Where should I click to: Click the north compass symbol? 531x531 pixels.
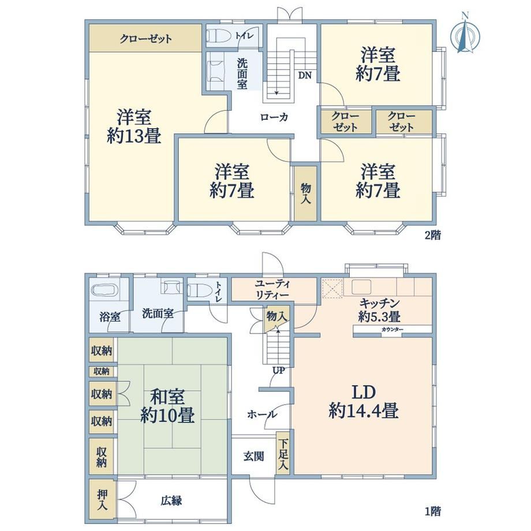tap(465, 33)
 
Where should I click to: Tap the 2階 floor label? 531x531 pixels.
tap(433, 235)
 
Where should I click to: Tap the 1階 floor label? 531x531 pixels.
tap(433, 511)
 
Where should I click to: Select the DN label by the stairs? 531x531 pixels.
tap(305, 75)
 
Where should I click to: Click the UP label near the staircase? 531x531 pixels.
tap(279, 371)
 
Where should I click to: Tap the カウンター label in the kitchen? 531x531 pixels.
tap(392, 330)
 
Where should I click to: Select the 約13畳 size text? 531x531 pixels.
tap(134, 136)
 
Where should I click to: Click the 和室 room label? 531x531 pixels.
tap(167, 397)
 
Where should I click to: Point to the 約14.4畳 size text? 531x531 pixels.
tap(364, 411)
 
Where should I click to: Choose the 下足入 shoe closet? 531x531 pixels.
tap(283, 454)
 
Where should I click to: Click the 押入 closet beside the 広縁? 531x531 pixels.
tap(102, 500)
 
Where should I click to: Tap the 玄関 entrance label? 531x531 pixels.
tap(253, 457)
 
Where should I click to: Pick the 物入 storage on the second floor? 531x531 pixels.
tap(305, 193)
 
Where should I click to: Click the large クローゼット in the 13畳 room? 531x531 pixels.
tap(145, 38)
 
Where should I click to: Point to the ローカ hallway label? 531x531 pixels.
tap(274, 117)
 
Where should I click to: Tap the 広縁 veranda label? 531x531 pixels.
tap(171, 500)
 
